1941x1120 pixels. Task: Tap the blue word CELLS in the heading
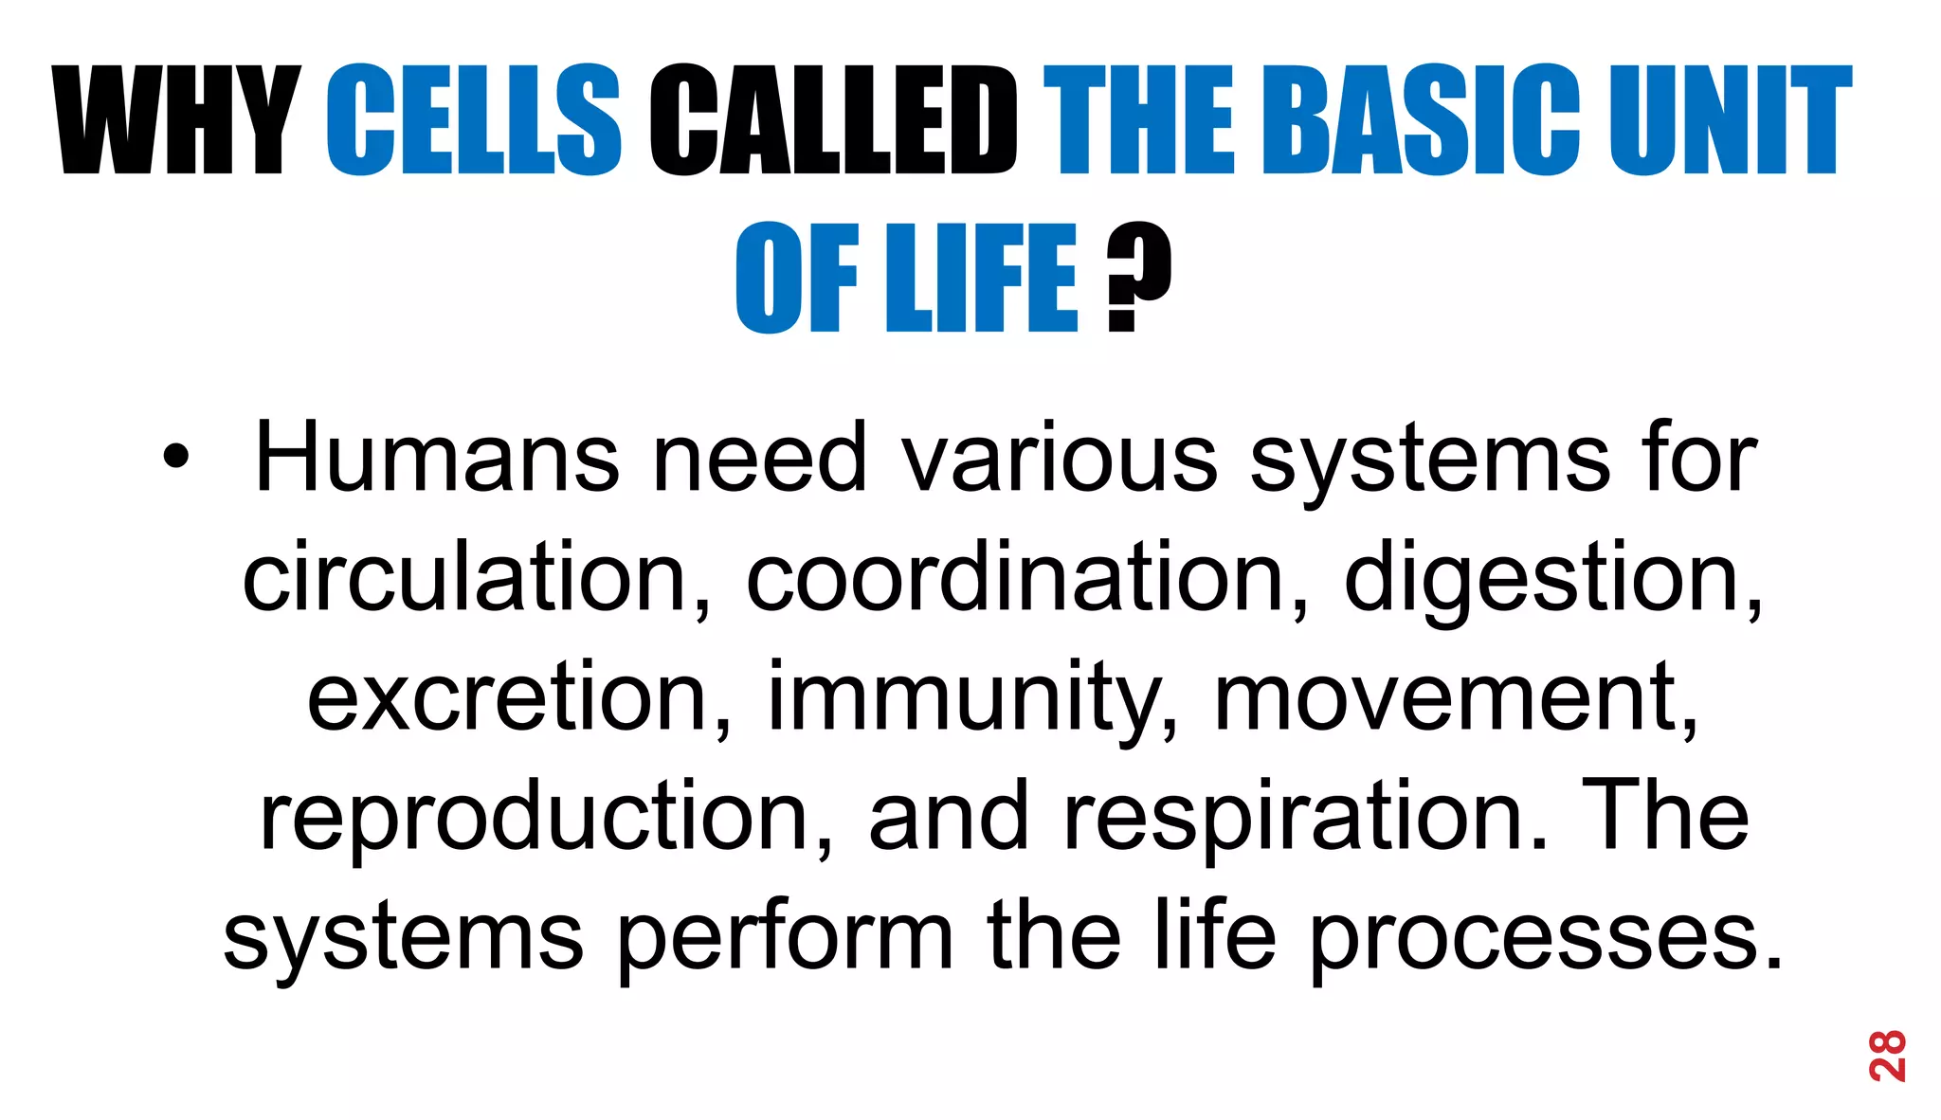click(x=474, y=121)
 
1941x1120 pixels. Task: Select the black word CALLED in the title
click(x=833, y=121)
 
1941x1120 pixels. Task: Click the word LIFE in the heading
click(x=981, y=278)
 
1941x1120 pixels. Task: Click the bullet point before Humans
click(x=175, y=458)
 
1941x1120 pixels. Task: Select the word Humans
click(x=437, y=458)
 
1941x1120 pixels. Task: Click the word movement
click(x=1456, y=697)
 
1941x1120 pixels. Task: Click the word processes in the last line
click(x=1546, y=937)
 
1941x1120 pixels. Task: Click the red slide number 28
click(x=1887, y=1055)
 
